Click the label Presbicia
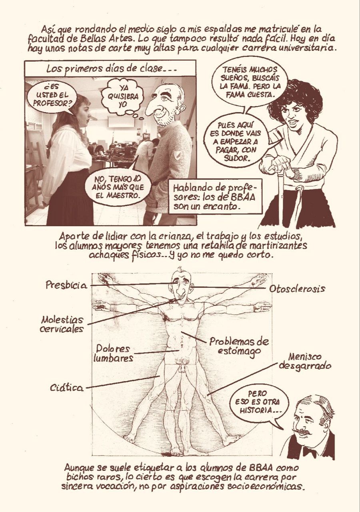coord(66,285)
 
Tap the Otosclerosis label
coord(297,289)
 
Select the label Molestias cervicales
coord(62,324)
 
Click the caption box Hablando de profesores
coord(214,196)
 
